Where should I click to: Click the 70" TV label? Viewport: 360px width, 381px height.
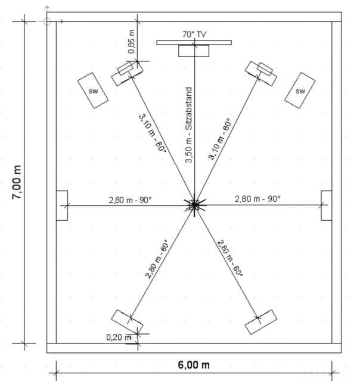coord(194,35)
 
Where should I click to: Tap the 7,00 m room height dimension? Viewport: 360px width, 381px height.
coord(17,182)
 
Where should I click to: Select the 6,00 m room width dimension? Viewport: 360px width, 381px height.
coord(194,365)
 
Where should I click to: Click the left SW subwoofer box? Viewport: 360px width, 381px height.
coord(93,90)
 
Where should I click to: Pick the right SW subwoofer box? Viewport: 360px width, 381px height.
coord(300,90)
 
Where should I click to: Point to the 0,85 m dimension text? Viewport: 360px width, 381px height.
coord(131,41)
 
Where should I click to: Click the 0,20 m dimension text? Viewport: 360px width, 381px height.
coord(119,338)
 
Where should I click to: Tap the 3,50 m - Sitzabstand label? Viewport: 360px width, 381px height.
coord(189,125)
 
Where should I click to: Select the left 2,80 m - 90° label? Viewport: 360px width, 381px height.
coord(130,200)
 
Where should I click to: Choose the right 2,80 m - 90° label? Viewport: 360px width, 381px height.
coord(257,199)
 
